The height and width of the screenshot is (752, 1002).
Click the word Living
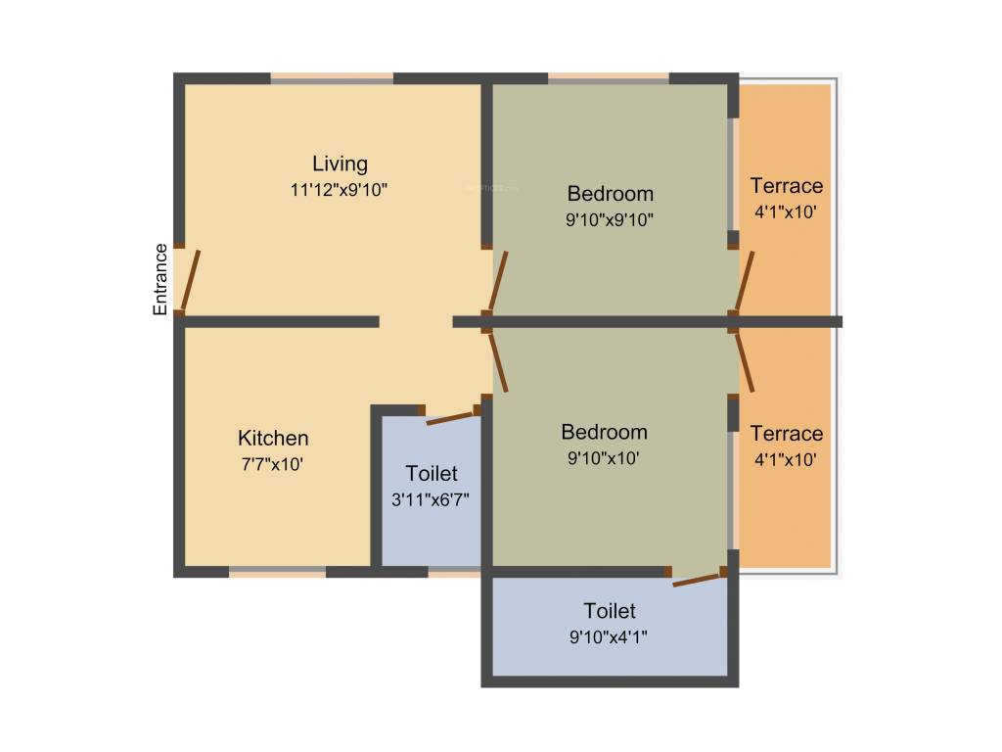[340, 164]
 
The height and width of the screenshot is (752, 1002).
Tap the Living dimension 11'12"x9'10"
[340, 191]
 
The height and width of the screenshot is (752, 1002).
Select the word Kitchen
[273, 438]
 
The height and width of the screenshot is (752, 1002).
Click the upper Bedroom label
[610, 193]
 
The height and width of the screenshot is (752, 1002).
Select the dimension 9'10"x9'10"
[610, 219]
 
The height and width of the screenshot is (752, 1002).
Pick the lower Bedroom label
[604, 432]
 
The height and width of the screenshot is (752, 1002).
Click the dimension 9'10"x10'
[604, 457]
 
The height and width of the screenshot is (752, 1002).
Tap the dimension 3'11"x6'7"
[432, 500]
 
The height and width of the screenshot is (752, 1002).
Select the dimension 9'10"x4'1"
[610, 637]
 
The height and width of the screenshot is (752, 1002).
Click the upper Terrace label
[786, 185]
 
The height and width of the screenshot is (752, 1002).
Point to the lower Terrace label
[786, 433]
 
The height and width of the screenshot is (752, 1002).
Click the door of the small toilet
[450, 418]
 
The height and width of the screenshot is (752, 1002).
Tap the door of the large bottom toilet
[699, 579]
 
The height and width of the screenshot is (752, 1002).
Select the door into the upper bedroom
[498, 281]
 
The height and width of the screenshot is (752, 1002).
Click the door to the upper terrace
[745, 280]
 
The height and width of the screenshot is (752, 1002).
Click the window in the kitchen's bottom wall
[278, 571]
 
